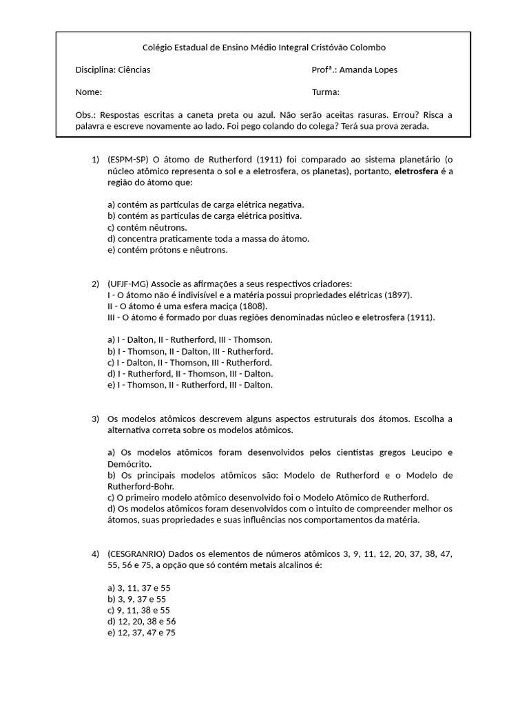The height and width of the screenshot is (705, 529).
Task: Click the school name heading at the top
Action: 264,48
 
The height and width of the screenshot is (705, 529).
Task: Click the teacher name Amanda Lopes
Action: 369,70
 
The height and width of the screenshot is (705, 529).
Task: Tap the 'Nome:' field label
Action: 88,92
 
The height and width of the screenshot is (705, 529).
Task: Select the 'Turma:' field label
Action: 326,92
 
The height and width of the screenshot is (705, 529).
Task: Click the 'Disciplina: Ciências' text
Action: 112,70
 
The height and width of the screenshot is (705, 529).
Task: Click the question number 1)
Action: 96,160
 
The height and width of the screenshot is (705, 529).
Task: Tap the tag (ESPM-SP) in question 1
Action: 128,160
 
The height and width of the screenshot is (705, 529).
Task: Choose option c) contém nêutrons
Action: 147,227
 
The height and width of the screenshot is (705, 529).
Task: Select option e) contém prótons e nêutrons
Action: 167,250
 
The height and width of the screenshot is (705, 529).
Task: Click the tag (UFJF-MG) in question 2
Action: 128,284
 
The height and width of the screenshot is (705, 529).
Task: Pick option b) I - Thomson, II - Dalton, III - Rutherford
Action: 190,351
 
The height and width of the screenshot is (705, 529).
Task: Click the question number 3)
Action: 96,419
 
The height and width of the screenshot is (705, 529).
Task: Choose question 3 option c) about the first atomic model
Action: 268,497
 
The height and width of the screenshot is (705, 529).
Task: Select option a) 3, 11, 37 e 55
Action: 138,587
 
